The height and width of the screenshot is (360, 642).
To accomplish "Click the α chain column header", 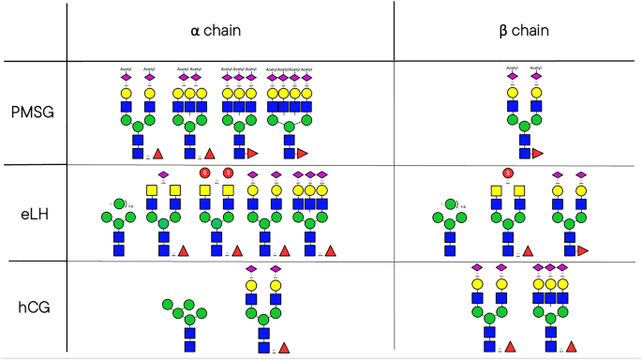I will [x=216, y=30].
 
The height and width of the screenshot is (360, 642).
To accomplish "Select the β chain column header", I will [x=523, y=30].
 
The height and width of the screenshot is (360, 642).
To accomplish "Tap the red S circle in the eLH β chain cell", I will [x=507, y=173].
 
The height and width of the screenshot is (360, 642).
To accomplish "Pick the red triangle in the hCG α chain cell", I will [x=284, y=347].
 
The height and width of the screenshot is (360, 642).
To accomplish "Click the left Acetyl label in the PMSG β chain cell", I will [x=513, y=68].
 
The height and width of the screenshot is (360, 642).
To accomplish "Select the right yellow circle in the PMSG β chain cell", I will [x=537, y=93].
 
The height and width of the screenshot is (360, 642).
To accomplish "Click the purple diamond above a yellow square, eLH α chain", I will [x=162, y=174].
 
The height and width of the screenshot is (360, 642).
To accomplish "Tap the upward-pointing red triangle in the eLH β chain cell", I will [x=529, y=250].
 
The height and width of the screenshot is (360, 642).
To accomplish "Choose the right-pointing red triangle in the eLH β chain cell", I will [x=583, y=250].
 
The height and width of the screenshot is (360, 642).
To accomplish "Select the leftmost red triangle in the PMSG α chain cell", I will [x=157, y=153].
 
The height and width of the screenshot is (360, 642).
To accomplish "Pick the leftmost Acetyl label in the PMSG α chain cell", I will [x=126, y=68].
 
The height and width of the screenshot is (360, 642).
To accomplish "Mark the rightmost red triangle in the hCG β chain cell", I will [x=570, y=347].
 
